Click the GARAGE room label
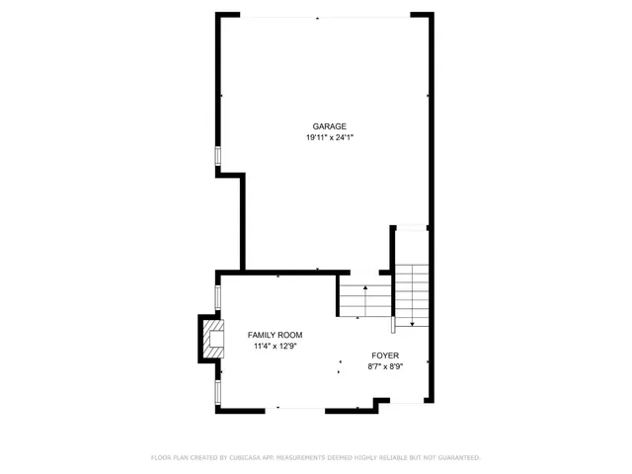click(329, 126)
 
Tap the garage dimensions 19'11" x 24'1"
click(329, 138)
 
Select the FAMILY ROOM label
click(275, 335)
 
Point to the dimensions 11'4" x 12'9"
click(275, 347)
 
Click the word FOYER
click(385, 355)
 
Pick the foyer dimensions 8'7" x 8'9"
click(385, 366)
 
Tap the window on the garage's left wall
click(218, 157)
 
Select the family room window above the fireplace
click(218, 297)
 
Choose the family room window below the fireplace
click(218, 392)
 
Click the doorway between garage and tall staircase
click(410, 228)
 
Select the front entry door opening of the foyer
click(404, 401)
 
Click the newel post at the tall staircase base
click(394, 322)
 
